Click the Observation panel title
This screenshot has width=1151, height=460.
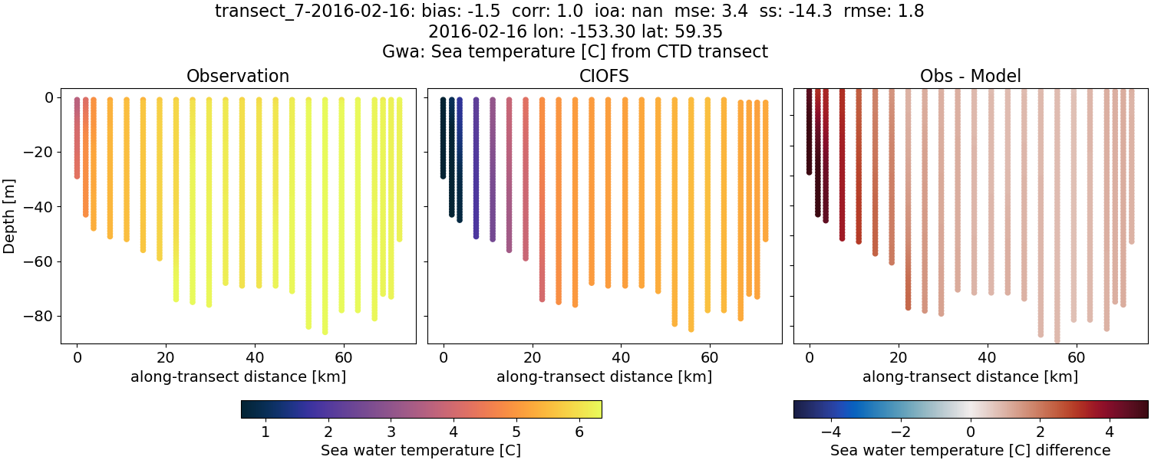238,77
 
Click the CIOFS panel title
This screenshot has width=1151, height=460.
604,77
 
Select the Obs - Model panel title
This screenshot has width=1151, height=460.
970,77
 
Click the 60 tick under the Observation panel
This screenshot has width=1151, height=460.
343,357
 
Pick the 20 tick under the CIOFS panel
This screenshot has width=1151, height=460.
532,357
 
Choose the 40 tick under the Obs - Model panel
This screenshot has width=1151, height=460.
987,357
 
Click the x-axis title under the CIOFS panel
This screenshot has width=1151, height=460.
604,376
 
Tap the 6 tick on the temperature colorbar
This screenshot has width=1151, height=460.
579,432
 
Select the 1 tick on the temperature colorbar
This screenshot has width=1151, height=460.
265,432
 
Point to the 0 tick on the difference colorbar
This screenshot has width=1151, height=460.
971,432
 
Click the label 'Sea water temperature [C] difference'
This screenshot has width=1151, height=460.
970,450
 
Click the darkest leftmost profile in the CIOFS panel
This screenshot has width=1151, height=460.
443,138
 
